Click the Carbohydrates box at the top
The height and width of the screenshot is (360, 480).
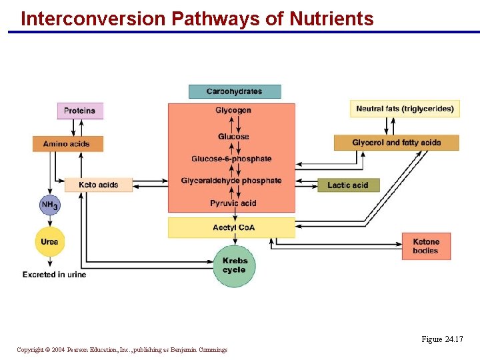(x=234, y=91)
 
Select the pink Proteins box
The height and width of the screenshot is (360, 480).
(x=79, y=111)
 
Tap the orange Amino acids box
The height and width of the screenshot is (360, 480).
(x=67, y=143)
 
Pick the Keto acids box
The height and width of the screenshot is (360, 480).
(x=98, y=185)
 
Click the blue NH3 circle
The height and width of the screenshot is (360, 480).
(x=49, y=205)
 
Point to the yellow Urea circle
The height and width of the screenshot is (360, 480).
(x=49, y=241)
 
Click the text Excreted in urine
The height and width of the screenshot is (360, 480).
(x=54, y=274)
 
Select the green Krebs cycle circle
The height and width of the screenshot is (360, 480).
(x=234, y=265)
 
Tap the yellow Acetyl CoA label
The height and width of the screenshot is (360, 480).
(x=233, y=227)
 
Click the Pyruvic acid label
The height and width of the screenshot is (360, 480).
(x=233, y=203)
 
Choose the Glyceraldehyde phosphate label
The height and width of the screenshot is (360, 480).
(x=231, y=181)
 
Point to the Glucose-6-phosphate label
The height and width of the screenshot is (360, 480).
(x=231, y=159)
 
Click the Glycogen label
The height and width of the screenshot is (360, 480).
(x=233, y=110)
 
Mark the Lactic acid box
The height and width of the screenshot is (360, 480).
(x=347, y=185)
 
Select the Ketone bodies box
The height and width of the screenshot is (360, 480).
(x=426, y=246)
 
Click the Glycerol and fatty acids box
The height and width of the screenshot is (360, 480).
(x=396, y=143)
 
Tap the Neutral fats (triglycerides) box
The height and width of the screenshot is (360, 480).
(x=405, y=109)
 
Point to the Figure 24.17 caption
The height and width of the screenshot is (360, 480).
(x=442, y=339)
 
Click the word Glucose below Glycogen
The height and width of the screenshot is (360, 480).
(x=233, y=137)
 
